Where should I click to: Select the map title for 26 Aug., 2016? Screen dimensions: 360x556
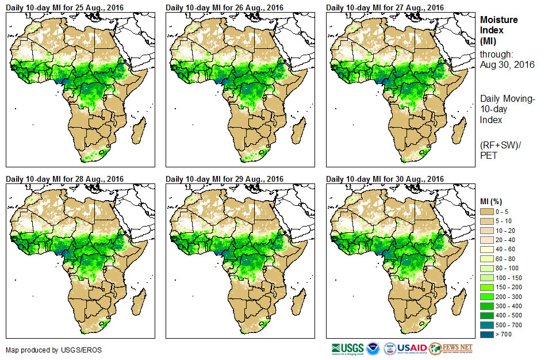pos(224,7)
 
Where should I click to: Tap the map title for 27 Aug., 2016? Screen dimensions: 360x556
pos(385,7)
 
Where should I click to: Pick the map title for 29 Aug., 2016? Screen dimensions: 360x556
pos(224,179)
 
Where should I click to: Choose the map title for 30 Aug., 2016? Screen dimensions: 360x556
pos(385,179)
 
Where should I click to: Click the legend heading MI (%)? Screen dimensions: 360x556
pos(493,201)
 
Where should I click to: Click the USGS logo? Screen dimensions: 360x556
pos(347,348)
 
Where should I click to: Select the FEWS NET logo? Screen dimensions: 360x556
pos(451,348)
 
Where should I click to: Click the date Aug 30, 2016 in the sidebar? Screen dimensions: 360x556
pos(507,64)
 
